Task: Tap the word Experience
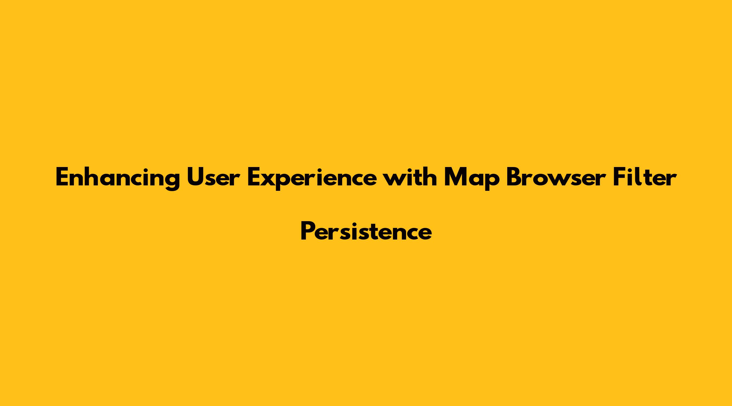(313, 179)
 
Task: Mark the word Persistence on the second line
(366, 231)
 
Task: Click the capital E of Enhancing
(63, 177)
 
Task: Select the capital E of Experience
(255, 177)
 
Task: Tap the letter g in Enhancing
(172, 182)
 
